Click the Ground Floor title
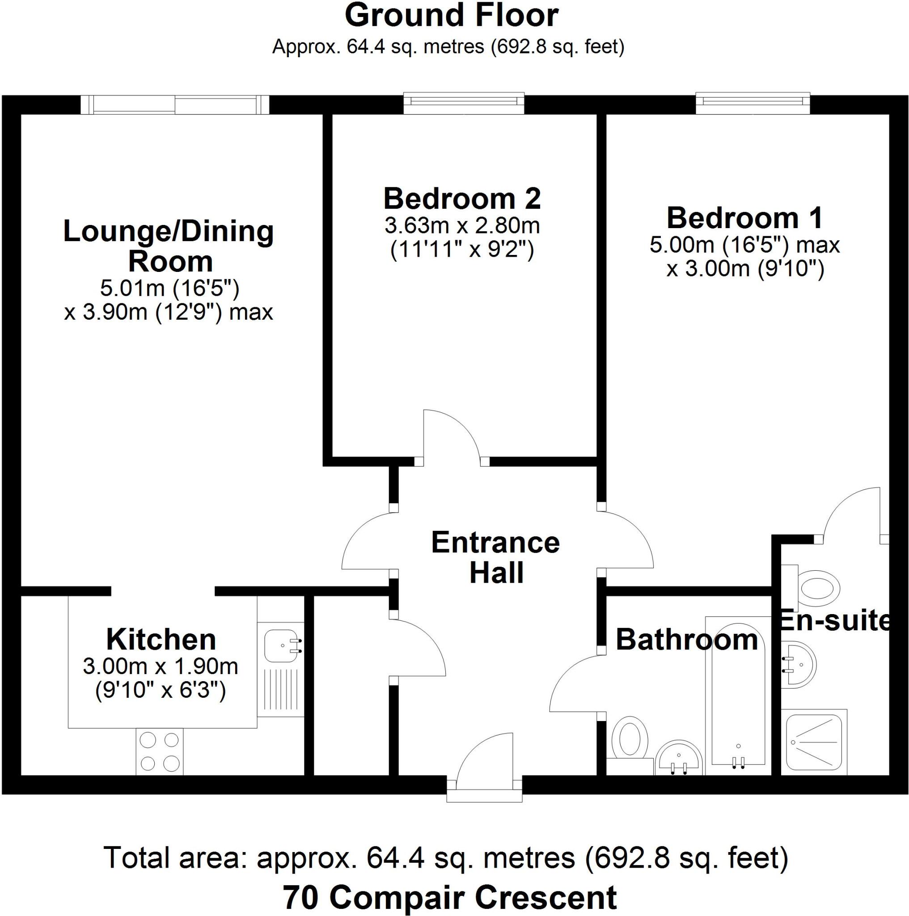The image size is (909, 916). pos(451,16)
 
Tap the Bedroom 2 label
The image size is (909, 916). pos(461,199)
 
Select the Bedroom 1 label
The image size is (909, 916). pos(744,218)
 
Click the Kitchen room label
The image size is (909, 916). pos(161,640)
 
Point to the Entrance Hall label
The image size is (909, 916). pos(496,558)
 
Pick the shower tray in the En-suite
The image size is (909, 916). pos(814,746)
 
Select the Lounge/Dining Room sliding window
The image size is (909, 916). pos(175,104)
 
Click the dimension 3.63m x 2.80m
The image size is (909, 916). pos(461,226)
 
